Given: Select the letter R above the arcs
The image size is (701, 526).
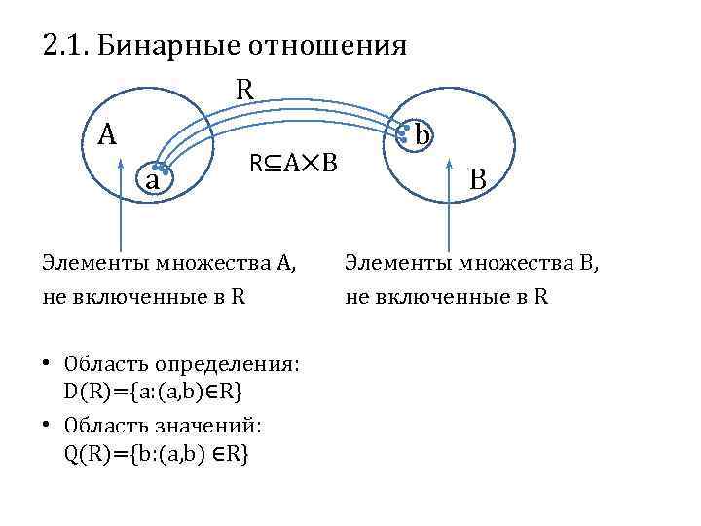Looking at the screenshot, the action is pyautogui.click(x=244, y=90).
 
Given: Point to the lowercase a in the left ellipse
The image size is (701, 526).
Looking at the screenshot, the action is pyautogui.click(x=153, y=180).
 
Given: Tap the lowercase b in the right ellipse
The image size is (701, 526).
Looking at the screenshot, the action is pyautogui.click(x=422, y=134).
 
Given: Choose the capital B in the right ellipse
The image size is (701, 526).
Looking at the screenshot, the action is pyautogui.click(x=478, y=178).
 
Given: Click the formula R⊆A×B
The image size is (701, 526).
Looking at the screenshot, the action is pyautogui.click(x=293, y=162).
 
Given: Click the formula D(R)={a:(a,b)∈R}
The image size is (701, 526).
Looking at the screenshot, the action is pyautogui.click(x=154, y=391).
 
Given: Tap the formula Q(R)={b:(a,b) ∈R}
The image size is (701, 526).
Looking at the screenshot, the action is pyautogui.click(x=156, y=453).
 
